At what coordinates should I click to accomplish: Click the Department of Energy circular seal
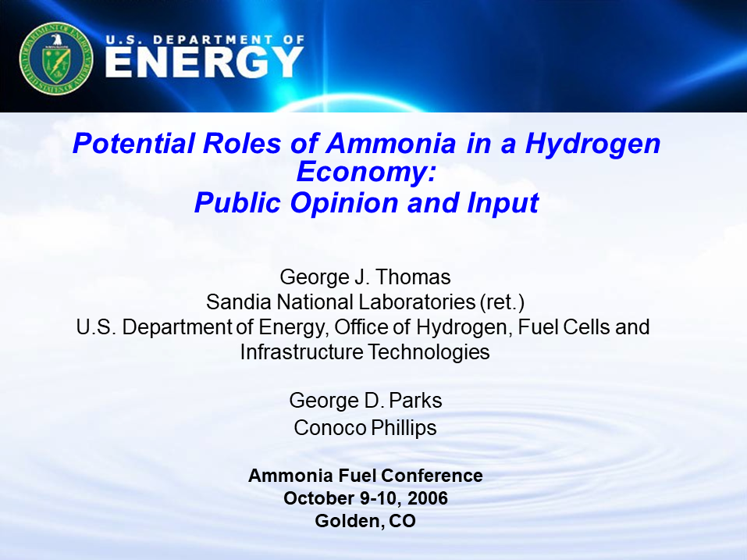tap(56, 57)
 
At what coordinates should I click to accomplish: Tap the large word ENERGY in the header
tap(204, 62)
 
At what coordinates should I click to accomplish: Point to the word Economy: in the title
tap(365, 173)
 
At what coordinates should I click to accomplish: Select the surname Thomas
tap(418, 277)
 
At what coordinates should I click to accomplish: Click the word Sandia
tap(233, 301)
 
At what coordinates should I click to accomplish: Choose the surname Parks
tap(414, 401)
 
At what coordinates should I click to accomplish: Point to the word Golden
tap(346, 521)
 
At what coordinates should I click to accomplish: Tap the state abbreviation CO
tap(402, 521)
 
